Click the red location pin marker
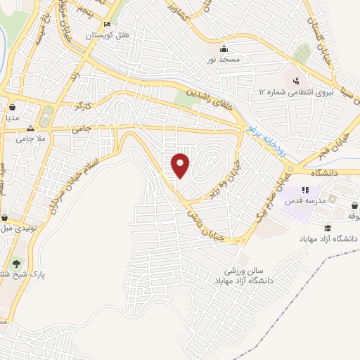click(x=181, y=166)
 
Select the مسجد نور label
click(x=224, y=60)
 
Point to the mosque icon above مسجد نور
click(x=224, y=49)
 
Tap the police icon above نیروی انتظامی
click(x=296, y=80)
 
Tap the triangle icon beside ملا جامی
click(x=30, y=129)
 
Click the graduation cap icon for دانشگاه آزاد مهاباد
click(x=328, y=228)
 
